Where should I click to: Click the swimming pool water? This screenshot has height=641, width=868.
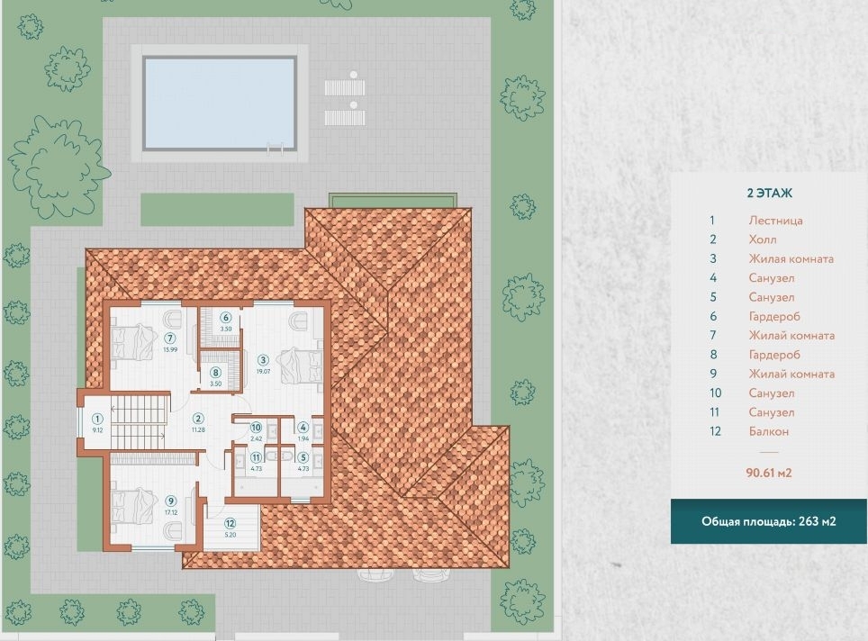[220, 103]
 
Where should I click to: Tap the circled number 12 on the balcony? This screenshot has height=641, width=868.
[231, 523]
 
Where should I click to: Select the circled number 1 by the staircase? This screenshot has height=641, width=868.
[97, 419]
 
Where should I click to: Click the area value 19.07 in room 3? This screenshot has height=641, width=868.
[264, 372]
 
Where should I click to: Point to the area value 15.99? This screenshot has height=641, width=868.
[170, 349]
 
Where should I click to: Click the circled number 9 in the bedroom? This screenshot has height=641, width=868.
[171, 501]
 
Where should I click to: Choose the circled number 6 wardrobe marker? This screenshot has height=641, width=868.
[225, 318]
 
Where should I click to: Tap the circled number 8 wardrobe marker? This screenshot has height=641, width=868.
[216, 373]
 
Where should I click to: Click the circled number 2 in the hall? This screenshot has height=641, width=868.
[198, 419]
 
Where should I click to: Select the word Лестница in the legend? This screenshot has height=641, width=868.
[775, 221]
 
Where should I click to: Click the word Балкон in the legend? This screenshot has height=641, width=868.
[768, 431]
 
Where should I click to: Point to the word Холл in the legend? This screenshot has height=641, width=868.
[763, 239]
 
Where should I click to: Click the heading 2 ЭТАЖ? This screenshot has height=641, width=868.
[770, 194]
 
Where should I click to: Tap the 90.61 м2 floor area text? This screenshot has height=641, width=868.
[769, 473]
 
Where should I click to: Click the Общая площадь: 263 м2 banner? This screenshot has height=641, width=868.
[768, 521]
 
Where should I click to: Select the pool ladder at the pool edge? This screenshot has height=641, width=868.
[276, 148]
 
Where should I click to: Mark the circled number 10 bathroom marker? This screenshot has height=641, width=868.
[256, 428]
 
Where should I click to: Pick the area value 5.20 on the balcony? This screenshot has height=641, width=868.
[231, 536]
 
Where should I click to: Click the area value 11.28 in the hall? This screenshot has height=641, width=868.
[198, 430]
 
